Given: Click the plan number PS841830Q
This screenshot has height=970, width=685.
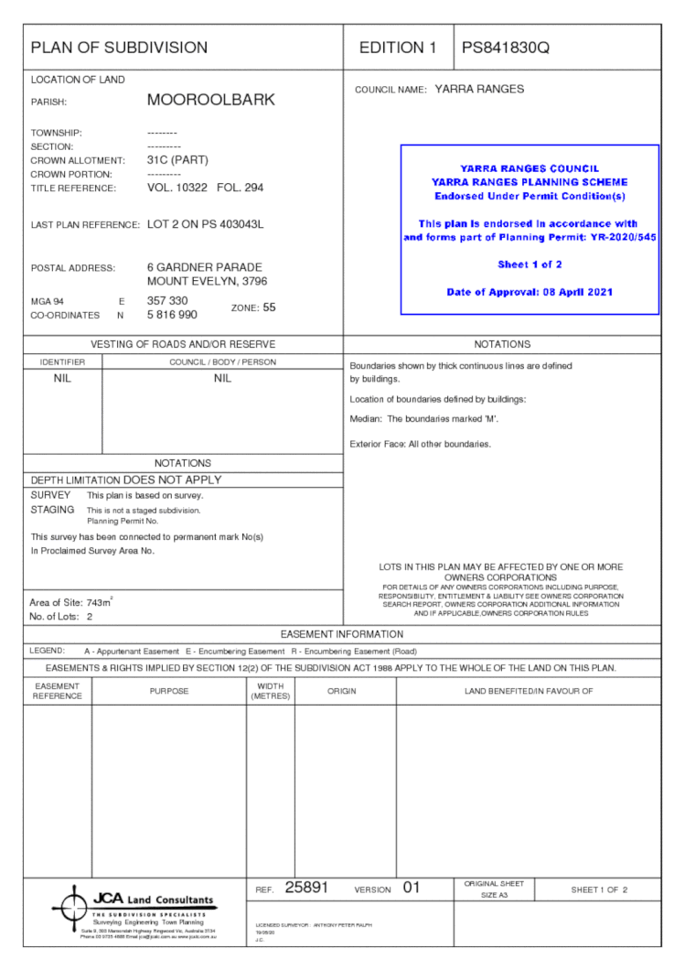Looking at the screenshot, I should [x=506, y=48].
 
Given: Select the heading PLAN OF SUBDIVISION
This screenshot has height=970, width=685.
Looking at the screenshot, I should [x=119, y=48].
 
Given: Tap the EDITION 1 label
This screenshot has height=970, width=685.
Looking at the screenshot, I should [x=398, y=48].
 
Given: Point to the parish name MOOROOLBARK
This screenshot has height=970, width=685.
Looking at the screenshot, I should [x=210, y=100].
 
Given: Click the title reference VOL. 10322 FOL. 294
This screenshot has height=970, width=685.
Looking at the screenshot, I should [x=205, y=188].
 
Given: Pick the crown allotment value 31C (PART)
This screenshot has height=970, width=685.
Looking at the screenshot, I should [x=177, y=159].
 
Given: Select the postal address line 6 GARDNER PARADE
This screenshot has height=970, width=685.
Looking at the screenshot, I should [x=205, y=267].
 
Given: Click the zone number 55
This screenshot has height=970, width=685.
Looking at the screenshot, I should [x=269, y=307].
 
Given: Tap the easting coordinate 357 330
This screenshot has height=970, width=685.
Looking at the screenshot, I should [x=167, y=300].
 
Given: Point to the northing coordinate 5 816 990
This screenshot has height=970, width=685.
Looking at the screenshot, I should [x=172, y=315].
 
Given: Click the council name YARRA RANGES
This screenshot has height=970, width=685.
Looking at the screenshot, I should [x=479, y=90].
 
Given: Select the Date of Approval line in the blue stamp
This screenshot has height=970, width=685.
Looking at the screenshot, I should [x=530, y=292].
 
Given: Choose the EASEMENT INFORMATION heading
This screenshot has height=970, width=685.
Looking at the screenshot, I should [x=341, y=634].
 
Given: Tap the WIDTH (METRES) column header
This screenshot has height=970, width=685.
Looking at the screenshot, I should [x=270, y=691].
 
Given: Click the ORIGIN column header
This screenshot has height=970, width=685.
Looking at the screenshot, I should [x=344, y=691].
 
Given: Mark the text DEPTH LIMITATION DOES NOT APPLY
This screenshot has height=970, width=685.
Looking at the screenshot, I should [x=126, y=480].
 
